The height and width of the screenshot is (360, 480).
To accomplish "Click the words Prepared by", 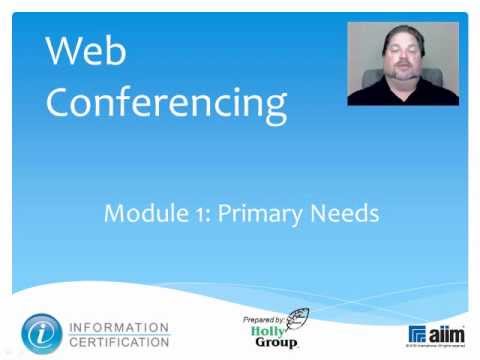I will [264, 319].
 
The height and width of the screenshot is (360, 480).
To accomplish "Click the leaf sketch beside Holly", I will [297, 322].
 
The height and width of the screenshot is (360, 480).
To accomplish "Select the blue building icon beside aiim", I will [417, 334].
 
